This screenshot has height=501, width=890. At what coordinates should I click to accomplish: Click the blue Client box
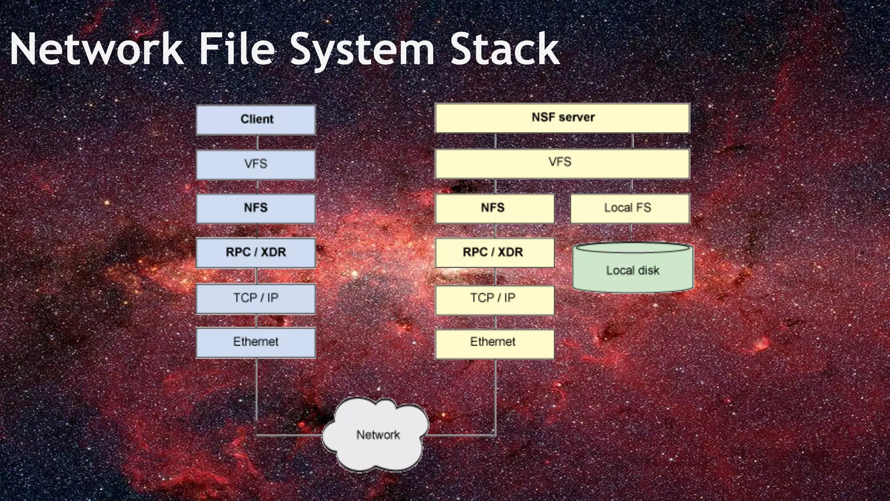tap(256, 120)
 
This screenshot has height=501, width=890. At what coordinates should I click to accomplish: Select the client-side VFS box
tap(256, 164)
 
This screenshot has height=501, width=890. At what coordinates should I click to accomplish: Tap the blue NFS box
tap(256, 208)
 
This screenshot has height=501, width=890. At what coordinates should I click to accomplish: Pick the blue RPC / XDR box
tap(256, 253)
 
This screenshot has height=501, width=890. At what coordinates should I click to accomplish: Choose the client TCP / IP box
tap(256, 298)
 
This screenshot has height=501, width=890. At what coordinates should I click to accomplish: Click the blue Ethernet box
tap(256, 342)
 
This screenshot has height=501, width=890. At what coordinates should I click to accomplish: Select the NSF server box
tap(562, 118)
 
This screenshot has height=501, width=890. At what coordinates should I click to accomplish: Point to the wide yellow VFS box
tap(562, 163)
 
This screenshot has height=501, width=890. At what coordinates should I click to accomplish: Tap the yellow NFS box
tap(495, 208)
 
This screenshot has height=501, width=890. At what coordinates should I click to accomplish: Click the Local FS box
tap(630, 208)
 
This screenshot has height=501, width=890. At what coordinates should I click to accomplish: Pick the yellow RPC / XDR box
tap(495, 253)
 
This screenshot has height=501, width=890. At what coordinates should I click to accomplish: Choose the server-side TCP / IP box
tap(495, 299)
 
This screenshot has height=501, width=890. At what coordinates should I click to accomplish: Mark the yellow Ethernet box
tap(495, 344)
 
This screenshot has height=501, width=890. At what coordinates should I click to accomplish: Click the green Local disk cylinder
tap(633, 271)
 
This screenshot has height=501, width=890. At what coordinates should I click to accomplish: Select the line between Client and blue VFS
tap(257, 142)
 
